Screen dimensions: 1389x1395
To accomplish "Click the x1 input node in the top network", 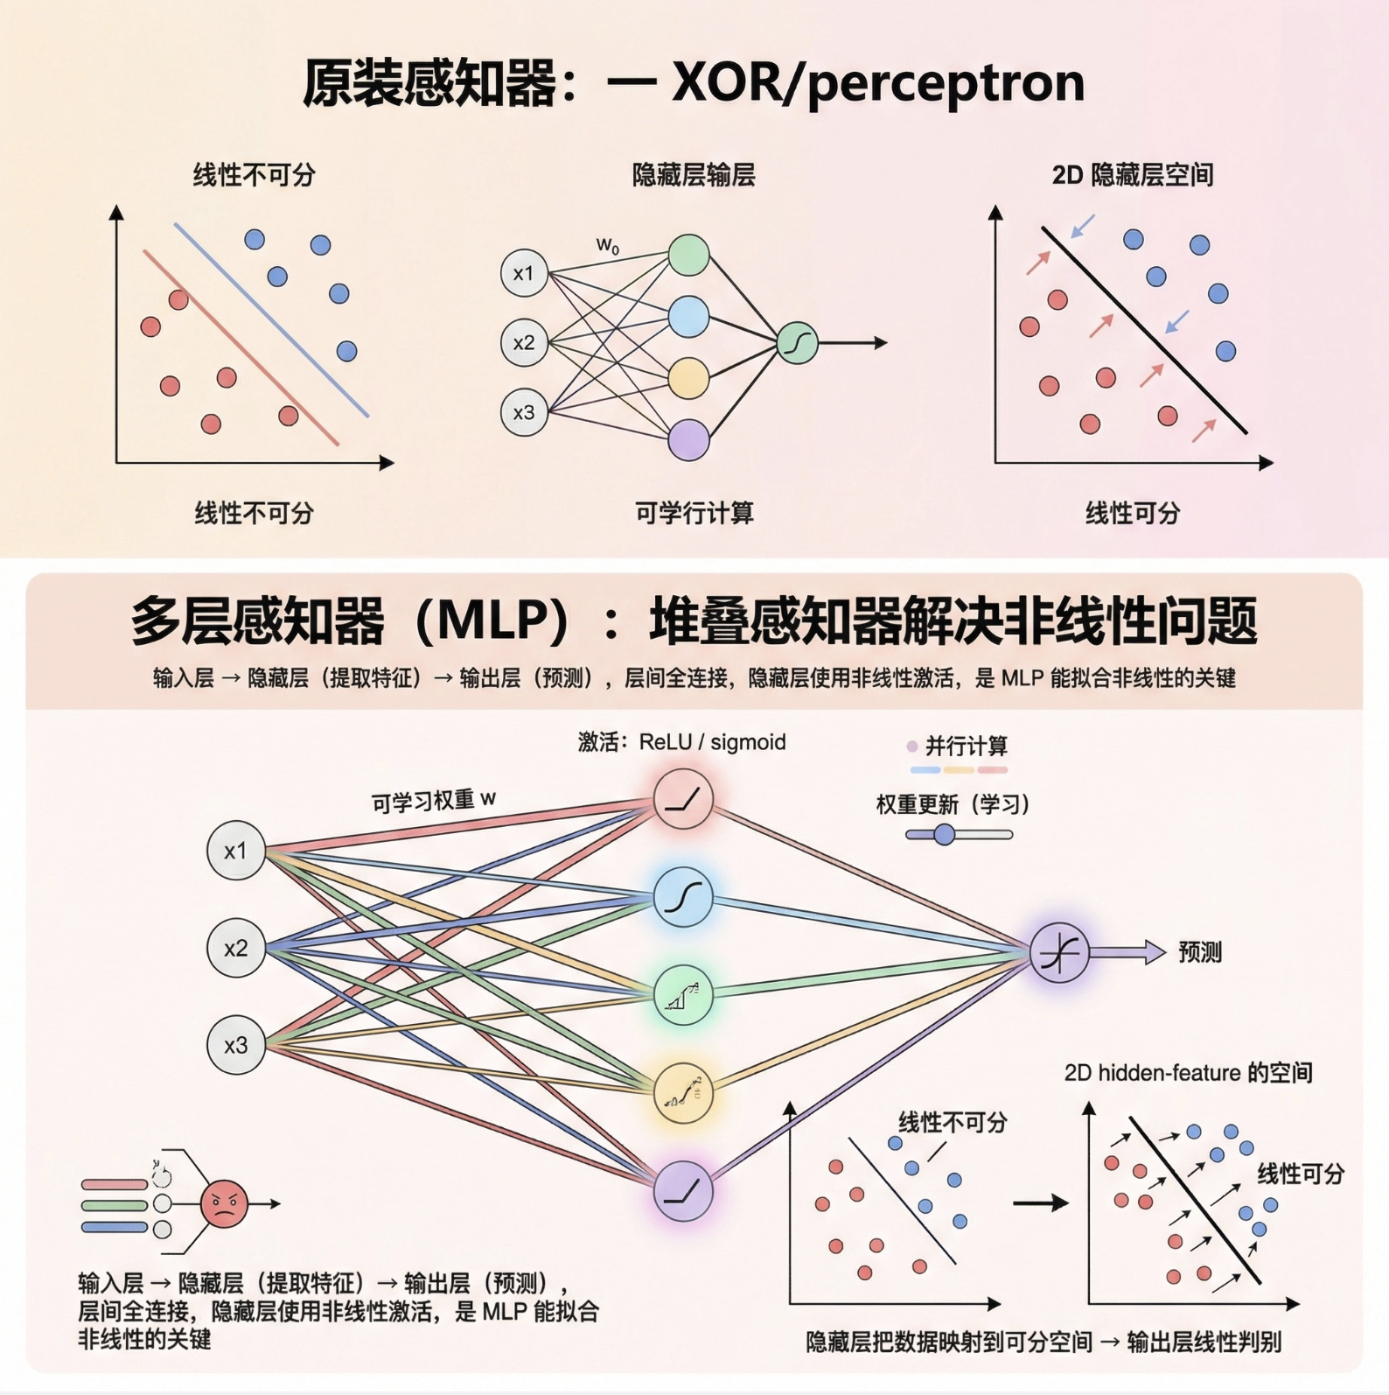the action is coord(524,273).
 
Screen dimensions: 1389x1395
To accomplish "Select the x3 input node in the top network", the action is coord(524,412).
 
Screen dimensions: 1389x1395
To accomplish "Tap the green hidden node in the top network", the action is coord(688,255).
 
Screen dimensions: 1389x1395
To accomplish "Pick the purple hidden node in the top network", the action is coord(688,439).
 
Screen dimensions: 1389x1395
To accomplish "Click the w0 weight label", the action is coord(608,246).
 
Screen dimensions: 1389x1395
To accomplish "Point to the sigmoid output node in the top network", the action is coord(797,343).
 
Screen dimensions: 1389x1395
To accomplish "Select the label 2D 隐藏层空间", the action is coord(1132,175).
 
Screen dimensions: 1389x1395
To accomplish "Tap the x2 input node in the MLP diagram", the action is coord(236,948).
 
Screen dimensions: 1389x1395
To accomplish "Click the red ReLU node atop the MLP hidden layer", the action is coord(683,798).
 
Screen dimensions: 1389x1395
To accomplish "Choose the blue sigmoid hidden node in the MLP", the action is coord(683,897).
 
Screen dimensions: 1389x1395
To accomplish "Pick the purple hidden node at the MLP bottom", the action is coord(683,1191).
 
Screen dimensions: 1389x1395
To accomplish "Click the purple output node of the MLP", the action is coord(1059,952).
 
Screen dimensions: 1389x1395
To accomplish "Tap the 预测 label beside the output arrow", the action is coord(1199,952).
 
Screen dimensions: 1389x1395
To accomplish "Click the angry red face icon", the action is coord(224,1204).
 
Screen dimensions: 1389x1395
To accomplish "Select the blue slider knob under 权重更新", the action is coord(944,834).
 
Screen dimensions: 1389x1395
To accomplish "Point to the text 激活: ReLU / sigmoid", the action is coord(681,742).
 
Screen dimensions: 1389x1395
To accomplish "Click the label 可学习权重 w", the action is coord(433,801).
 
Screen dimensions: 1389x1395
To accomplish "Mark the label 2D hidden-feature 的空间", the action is coord(1188,1073).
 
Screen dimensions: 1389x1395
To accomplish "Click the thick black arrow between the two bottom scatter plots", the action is coord(1040,1203).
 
